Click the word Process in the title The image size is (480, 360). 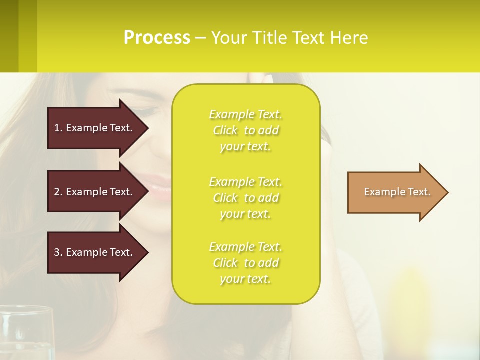(157, 38)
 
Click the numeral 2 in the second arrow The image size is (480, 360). (56, 192)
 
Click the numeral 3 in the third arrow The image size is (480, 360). (56, 252)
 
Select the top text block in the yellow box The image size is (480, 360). (245, 130)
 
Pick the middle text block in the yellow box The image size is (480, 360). (245, 198)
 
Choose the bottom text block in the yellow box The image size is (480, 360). (245, 263)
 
